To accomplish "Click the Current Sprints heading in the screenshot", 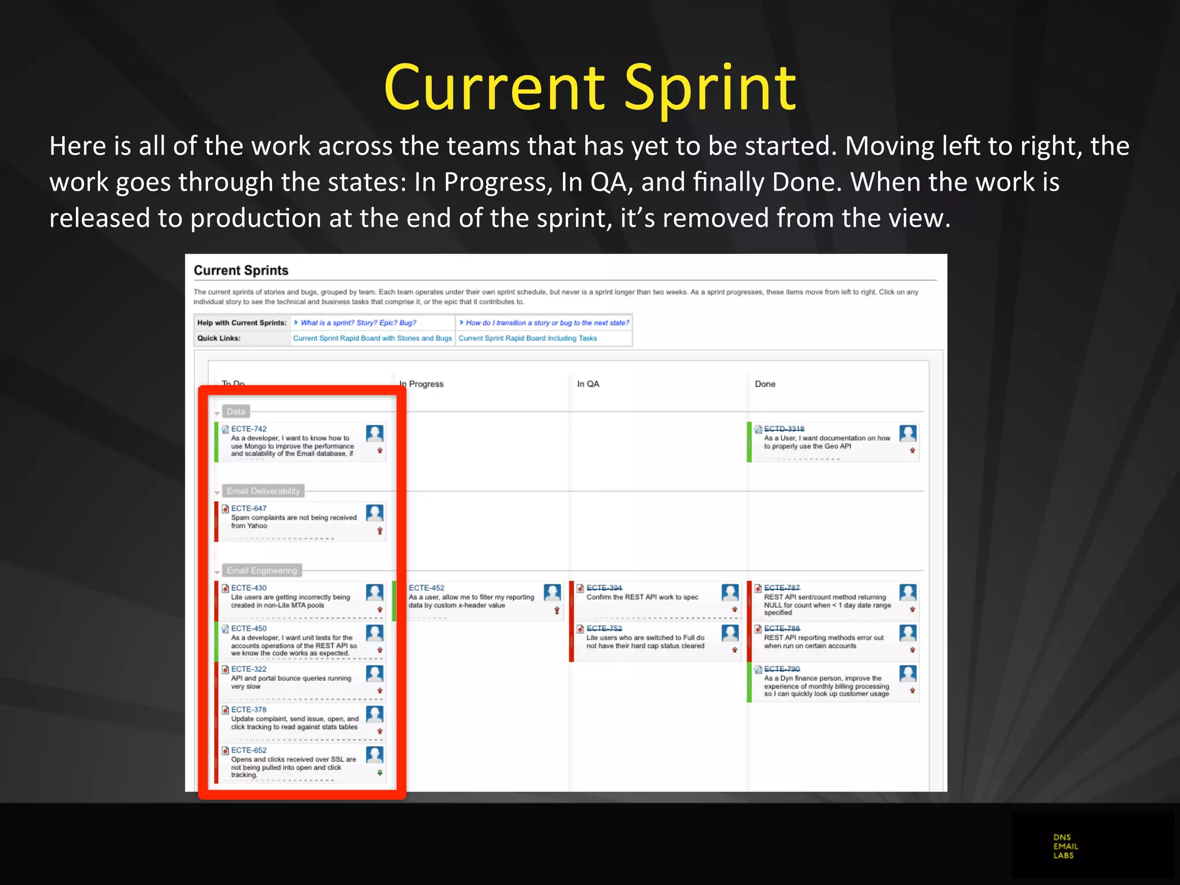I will coord(241,270).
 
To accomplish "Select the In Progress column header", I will coord(423,384).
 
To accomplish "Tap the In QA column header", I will coord(588,384).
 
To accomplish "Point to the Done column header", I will coord(765,384).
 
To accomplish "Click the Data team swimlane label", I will coord(236,411).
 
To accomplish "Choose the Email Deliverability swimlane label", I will coord(263,491).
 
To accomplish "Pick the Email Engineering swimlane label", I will coord(262,570).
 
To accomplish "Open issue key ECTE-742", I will coord(249,429).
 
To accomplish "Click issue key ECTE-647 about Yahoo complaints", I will coord(249,508).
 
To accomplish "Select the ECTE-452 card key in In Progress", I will coord(426,588).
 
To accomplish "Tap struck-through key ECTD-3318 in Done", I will coord(784,429).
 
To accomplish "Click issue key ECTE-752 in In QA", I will coord(604,628).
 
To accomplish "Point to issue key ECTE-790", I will coord(782,669).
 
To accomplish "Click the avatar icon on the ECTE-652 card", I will coord(375,754).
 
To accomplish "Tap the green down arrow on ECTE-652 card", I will coord(380,773).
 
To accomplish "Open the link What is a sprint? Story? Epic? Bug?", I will coord(358,323).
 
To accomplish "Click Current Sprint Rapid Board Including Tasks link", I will coord(527,338).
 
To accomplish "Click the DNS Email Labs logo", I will coord(1065,846).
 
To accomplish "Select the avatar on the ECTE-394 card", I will coord(730,592).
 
